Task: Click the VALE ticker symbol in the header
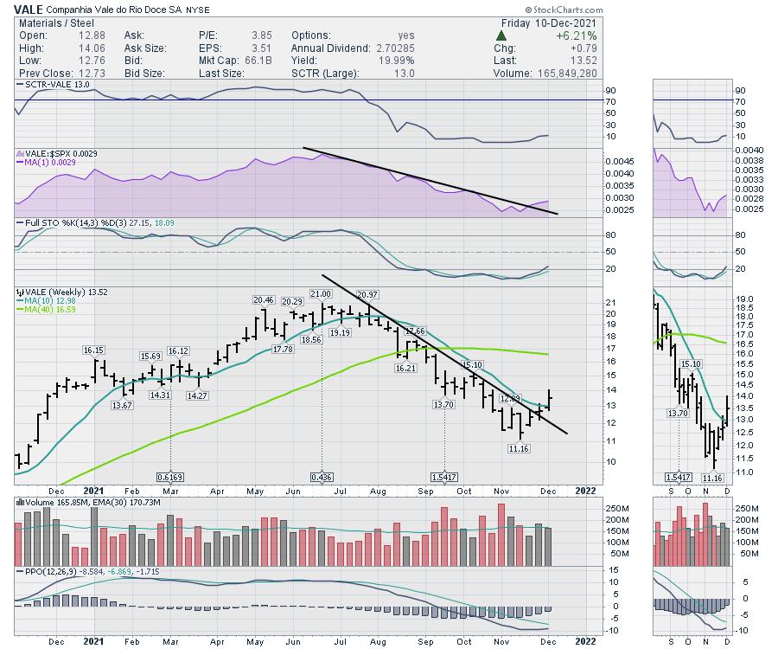29,10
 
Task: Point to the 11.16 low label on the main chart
519,447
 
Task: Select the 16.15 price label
93,350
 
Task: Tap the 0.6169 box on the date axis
170,477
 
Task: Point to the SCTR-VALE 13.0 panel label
55,84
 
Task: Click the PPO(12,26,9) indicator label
48,572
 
